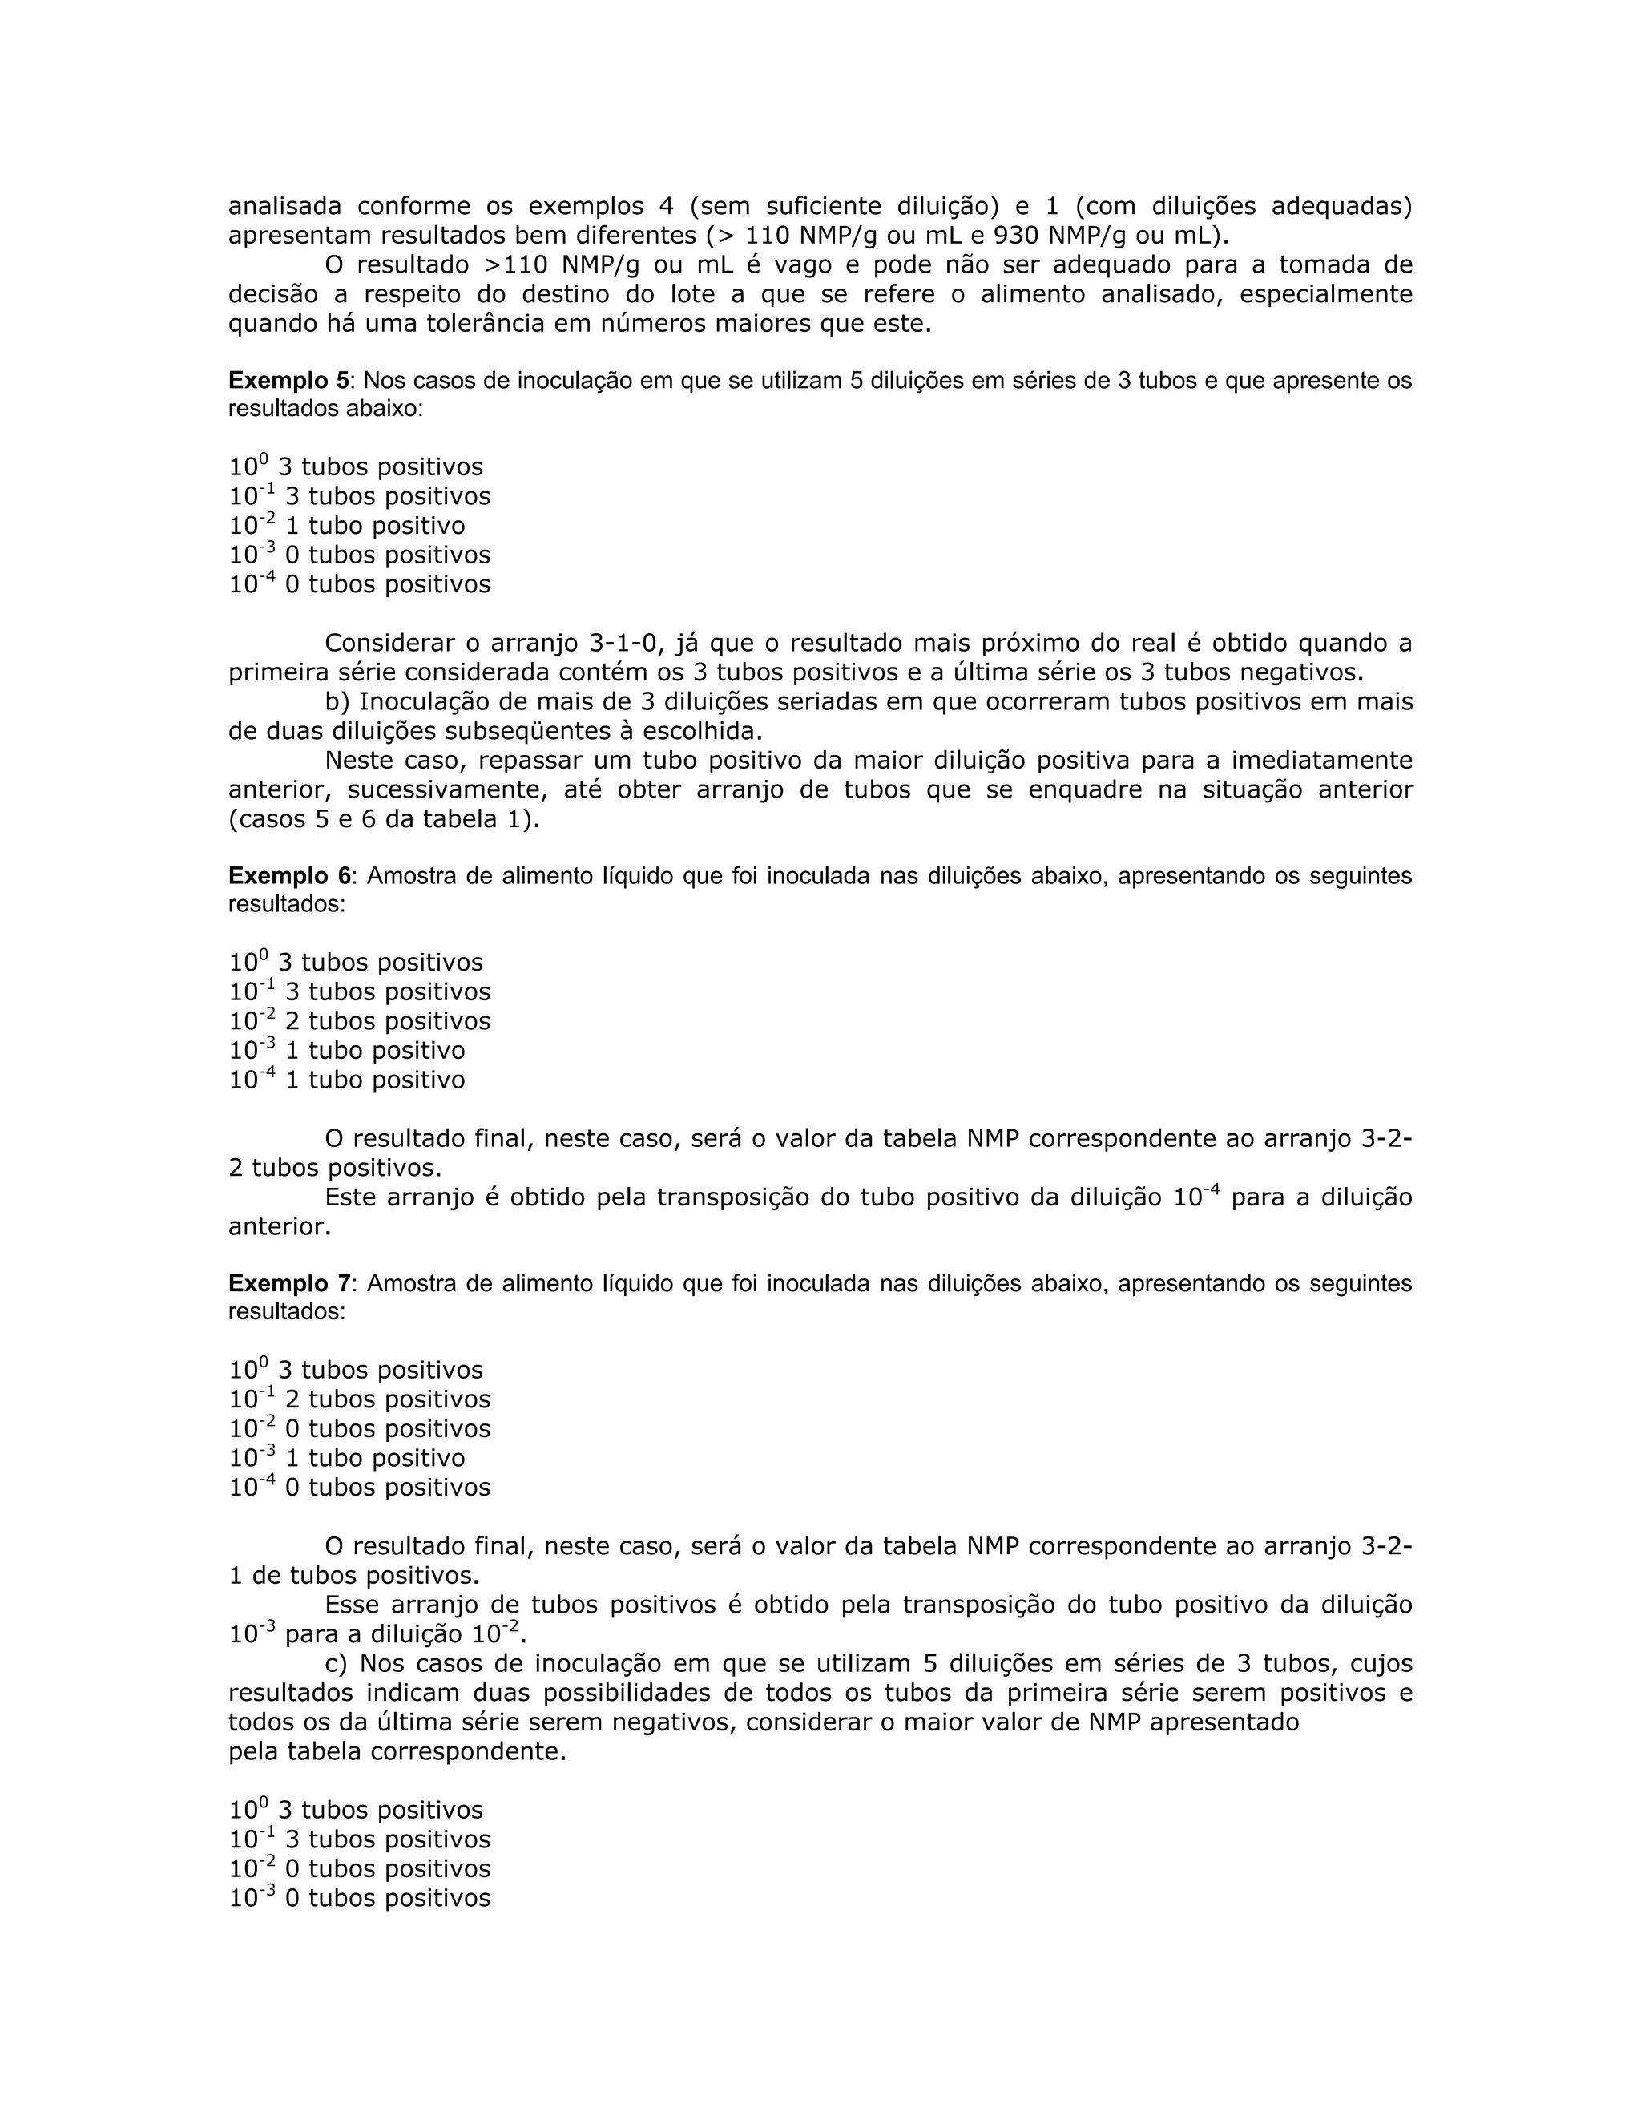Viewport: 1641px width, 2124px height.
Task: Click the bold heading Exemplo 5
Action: coord(288,380)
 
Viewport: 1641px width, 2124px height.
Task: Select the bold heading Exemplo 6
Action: coord(288,875)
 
